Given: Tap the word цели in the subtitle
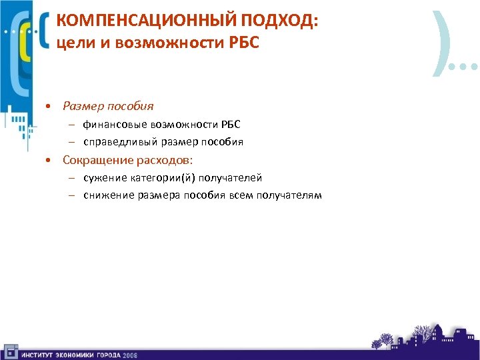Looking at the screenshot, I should coord(71,43).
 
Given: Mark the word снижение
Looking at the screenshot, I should coord(105,195).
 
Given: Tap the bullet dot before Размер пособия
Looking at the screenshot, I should coord(49,107).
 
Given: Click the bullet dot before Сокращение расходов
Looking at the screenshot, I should coord(49,161).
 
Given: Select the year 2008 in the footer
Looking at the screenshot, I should coord(130,354).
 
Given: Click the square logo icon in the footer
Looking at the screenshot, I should coord(10,352).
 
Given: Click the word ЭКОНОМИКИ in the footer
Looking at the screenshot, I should coord(71,354).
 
